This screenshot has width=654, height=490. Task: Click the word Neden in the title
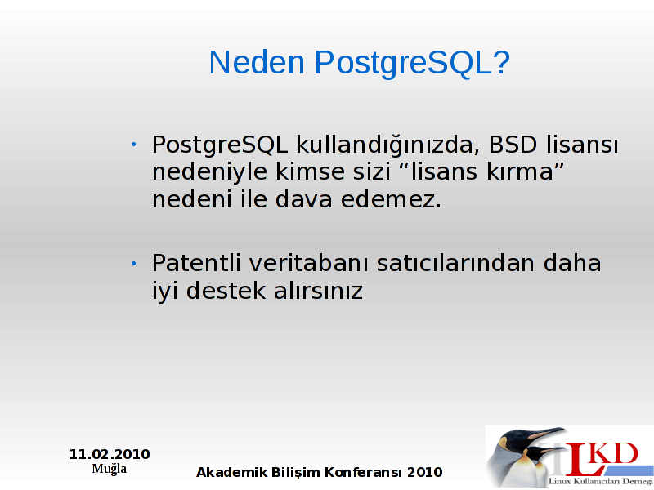click(257, 63)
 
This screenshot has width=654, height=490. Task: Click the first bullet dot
click(133, 145)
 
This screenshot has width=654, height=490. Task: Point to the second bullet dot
click(133, 263)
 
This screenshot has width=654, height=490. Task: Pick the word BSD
click(513, 145)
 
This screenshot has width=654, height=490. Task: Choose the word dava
click(303, 199)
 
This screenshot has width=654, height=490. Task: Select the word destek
click(226, 291)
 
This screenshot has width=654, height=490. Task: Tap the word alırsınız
click(318, 291)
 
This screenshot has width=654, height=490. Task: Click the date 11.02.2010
click(110, 454)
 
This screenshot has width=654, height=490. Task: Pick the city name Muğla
click(110, 468)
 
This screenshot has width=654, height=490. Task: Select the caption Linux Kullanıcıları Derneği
click(601, 481)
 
